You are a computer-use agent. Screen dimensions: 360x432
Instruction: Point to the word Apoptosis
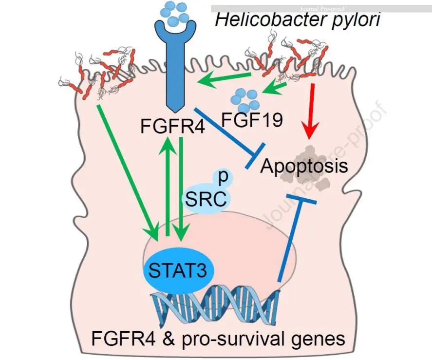point(304,167)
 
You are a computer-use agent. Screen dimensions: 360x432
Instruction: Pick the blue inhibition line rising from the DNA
point(290,239)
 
